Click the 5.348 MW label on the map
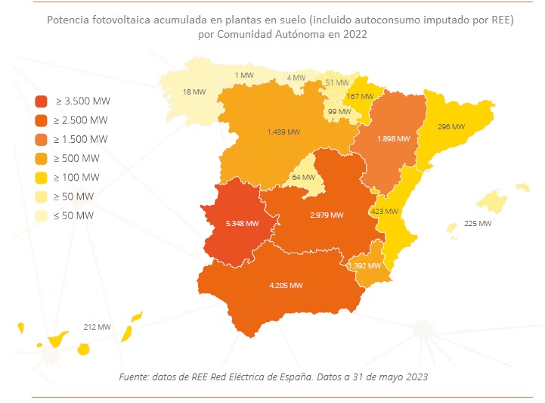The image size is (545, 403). click(x=242, y=223)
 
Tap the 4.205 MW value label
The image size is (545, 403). click(x=286, y=285)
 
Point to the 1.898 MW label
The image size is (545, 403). click(x=393, y=139)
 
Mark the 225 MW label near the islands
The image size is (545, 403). click(x=478, y=224)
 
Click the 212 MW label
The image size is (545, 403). click(x=98, y=327)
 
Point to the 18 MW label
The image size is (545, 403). click(x=194, y=92)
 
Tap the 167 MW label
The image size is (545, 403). click(x=360, y=97)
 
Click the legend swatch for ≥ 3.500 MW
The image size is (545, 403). click(x=42, y=101)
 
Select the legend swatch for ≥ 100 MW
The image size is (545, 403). click(x=42, y=178)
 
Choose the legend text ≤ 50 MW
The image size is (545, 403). click(x=76, y=215)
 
